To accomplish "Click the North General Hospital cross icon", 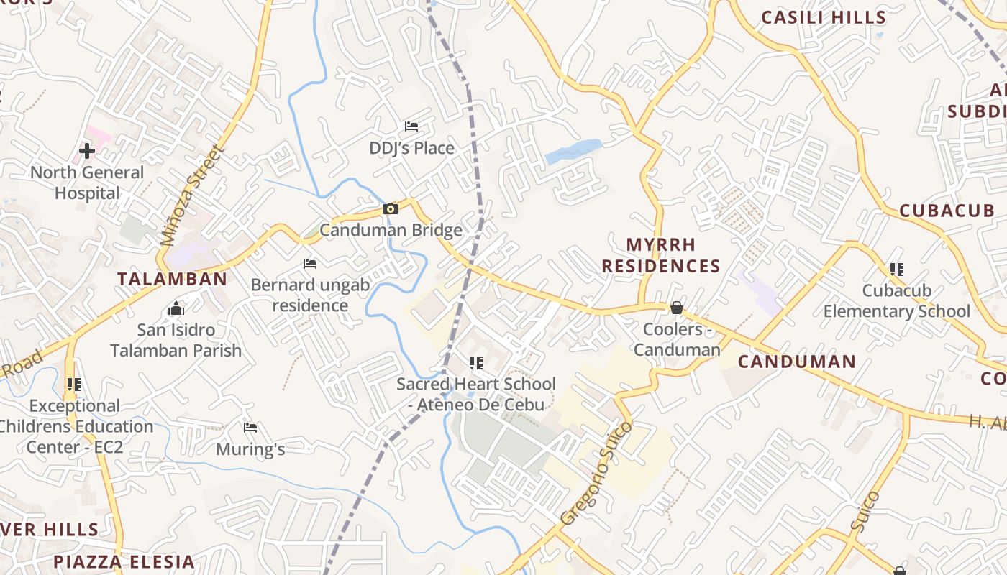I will (87, 151).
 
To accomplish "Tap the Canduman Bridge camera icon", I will (391, 209).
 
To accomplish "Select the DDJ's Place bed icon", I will (411, 126).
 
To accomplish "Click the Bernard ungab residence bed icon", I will (310, 264).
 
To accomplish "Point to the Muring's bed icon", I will (250, 428).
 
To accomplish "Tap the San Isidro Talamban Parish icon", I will (176, 309).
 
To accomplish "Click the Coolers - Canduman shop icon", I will (677, 308).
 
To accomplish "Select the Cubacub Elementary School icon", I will (896, 270).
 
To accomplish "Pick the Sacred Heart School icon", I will (475, 363).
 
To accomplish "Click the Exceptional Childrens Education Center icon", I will (73, 385).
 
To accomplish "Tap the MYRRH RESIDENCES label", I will (661, 255).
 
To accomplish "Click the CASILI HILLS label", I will (824, 17).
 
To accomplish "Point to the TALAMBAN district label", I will (172, 279).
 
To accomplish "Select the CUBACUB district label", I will (947, 211).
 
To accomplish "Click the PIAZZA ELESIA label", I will (124, 561).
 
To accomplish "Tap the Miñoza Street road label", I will (193, 195).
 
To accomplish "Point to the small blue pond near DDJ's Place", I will (573, 151).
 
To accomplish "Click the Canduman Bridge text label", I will (391, 230).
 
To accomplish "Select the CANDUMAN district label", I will (797, 362).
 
